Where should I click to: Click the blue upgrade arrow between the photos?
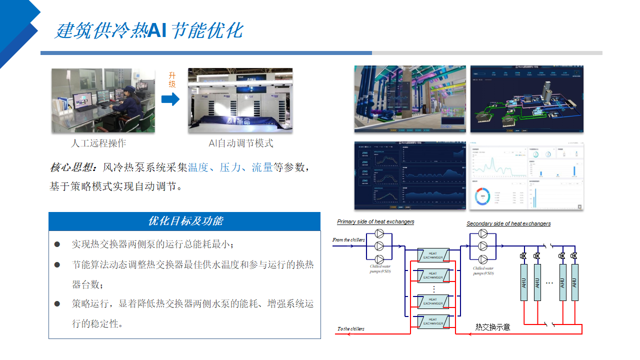[x=170, y=99]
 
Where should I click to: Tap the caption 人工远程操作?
[x=98, y=143]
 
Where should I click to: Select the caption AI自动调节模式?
[x=241, y=143]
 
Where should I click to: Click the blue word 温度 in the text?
[x=198, y=167]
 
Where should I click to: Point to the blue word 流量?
[x=262, y=167]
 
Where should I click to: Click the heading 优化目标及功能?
[x=184, y=221]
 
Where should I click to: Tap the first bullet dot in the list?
[x=57, y=244]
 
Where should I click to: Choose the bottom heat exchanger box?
[x=433, y=321]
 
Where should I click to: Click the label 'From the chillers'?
[x=348, y=240]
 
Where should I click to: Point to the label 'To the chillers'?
[x=350, y=329]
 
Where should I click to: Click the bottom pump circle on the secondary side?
[x=483, y=259]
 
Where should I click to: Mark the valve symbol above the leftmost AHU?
[x=523, y=256]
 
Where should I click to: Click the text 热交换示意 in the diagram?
[x=492, y=327]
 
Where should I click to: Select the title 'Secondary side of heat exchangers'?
[x=508, y=223]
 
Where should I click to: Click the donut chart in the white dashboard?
[x=483, y=196]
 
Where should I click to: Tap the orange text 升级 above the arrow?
[x=172, y=80]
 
